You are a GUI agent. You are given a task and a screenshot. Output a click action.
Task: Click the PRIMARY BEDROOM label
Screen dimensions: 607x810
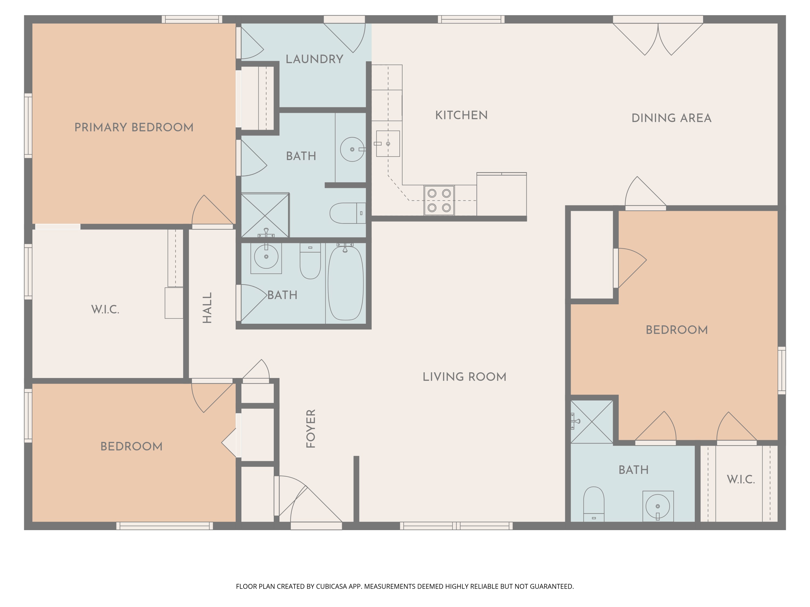tap(134, 127)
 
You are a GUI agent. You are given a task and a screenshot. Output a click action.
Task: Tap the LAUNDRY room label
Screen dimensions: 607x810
tap(314, 59)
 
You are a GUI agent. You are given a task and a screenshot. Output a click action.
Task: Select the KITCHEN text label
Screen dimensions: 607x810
tap(461, 115)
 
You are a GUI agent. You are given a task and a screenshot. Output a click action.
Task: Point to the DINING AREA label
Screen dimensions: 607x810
tap(671, 118)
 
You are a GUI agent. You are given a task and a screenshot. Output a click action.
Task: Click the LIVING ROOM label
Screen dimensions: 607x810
tap(464, 377)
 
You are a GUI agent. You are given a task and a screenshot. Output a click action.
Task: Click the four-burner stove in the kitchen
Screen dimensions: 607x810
tap(439, 200)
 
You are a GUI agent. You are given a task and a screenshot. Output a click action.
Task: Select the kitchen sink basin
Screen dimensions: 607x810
tap(388, 144)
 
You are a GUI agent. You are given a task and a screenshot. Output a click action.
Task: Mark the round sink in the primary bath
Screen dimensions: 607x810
tap(352, 149)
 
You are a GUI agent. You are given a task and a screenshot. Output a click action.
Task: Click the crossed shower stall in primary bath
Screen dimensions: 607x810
tap(265, 215)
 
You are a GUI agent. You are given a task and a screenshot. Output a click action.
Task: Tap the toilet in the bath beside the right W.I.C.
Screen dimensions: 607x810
tap(593, 503)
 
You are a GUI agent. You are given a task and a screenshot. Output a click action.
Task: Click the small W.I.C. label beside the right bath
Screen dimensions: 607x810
tap(740, 479)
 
